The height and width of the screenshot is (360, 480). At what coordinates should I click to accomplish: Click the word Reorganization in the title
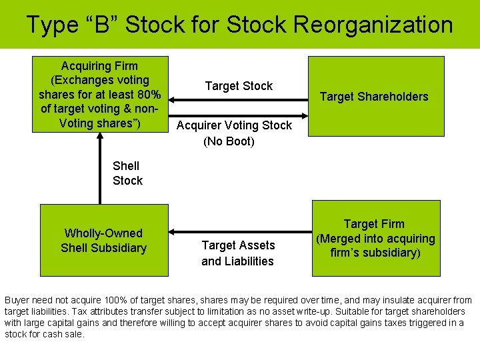click(x=373, y=25)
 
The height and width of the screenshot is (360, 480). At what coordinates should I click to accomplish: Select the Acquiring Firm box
click(x=100, y=94)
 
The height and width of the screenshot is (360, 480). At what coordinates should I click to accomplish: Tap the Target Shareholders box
click(x=375, y=97)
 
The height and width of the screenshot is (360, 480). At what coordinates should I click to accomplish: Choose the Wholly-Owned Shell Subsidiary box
click(x=103, y=240)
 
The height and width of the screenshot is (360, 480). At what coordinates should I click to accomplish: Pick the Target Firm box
click(x=375, y=239)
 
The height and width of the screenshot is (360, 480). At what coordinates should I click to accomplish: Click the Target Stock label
click(x=239, y=86)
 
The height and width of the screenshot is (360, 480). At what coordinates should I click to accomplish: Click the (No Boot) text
click(x=229, y=141)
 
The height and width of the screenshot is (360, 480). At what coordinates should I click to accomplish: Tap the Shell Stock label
click(x=127, y=173)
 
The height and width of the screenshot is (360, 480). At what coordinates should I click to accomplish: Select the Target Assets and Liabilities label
click(x=238, y=253)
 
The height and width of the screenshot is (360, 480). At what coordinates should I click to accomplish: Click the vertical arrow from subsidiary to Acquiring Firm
click(x=100, y=170)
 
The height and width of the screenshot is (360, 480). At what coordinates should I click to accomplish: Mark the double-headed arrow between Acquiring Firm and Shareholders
click(x=238, y=100)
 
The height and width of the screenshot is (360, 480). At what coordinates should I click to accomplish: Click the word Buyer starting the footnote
click(x=17, y=301)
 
